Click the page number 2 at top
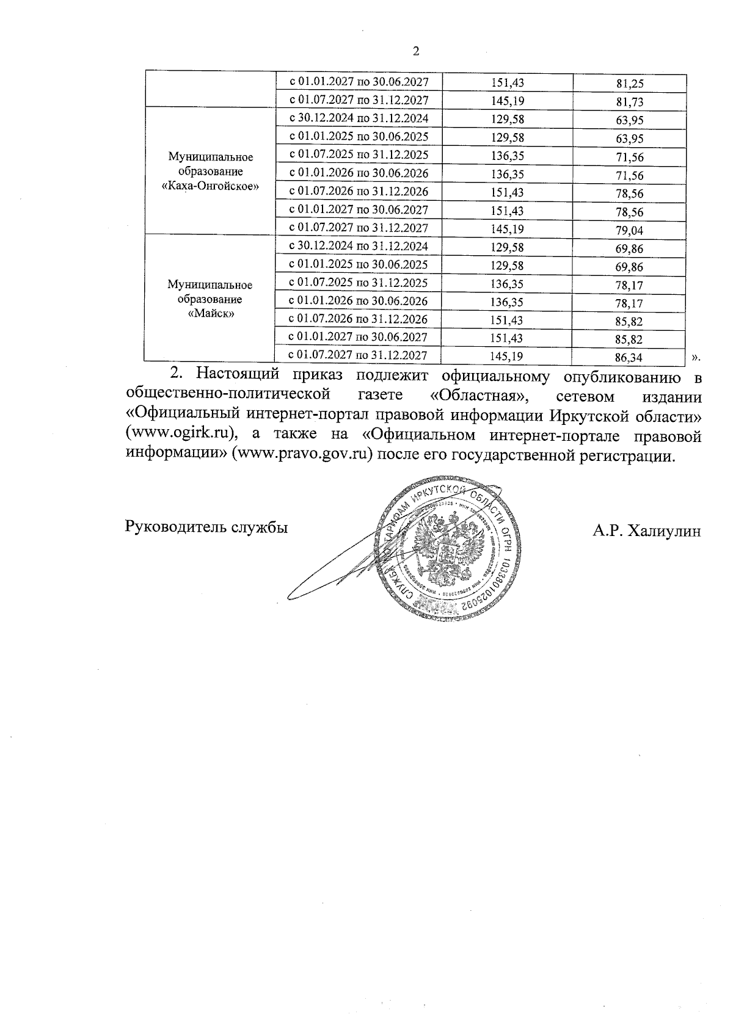point(417,51)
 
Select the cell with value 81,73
point(630,102)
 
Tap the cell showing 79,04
point(630,231)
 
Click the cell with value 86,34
point(630,356)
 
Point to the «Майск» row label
point(210,314)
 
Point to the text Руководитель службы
point(206,527)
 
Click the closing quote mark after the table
point(696,357)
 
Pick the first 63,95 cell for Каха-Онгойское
point(630,121)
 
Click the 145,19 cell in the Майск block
point(507,356)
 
